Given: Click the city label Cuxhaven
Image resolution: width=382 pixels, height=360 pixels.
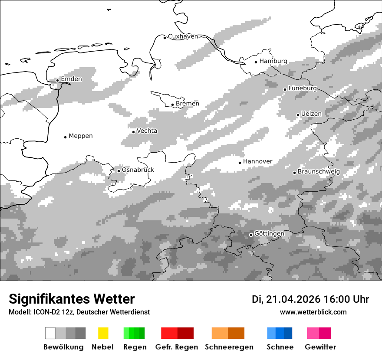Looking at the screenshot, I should (x=183, y=36).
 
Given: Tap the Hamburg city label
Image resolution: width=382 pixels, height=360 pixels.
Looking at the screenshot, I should (x=273, y=61).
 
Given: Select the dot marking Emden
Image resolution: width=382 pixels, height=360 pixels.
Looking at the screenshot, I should (x=57, y=80).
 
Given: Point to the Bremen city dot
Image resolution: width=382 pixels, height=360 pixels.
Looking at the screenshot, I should (x=172, y=105).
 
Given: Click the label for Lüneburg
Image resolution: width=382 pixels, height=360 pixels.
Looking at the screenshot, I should (x=303, y=88).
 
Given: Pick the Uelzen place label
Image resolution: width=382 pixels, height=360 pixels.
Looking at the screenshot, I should (x=311, y=114).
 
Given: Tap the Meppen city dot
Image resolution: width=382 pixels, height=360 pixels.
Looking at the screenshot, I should (x=65, y=137).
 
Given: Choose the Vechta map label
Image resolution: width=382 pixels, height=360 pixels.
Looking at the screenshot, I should (x=147, y=131).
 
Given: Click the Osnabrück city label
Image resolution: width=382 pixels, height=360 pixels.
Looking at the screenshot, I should (x=138, y=170).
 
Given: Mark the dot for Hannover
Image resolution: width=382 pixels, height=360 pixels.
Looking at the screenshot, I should (x=240, y=163).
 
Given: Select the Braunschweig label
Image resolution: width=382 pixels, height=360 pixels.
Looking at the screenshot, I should (x=319, y=172).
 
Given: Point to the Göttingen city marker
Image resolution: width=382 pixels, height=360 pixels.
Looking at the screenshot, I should (x=251, y=235).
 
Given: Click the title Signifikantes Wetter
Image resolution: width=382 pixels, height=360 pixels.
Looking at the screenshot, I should (x=72, y=299).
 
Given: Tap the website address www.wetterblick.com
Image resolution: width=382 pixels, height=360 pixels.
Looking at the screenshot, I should (x=313, y=312).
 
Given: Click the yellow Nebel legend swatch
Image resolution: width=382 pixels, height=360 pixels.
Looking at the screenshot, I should (x=103, y=333).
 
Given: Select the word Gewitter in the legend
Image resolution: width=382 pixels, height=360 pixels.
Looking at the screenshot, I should (x=320, y=347).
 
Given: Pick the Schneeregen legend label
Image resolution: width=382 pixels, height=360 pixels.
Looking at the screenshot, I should (x=229, y=347).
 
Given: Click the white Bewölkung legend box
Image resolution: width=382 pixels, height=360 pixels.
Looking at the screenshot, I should (x=50, y=333).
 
